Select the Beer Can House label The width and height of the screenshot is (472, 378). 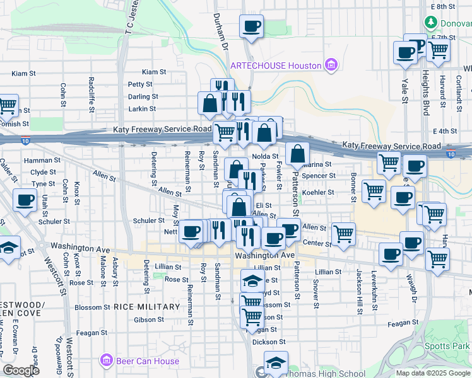(x=146, y=361)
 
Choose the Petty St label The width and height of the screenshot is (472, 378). (x=140, y=84)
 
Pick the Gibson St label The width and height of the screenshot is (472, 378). (x=149, y=320)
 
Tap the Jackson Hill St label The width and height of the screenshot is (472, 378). (x=358, y=284)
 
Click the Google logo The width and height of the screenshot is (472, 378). (x=21, y=370)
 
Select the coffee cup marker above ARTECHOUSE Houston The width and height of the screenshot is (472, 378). (x=251, y=26)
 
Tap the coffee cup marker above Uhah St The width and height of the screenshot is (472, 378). (x=25, y=200)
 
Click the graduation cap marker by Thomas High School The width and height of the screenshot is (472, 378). (x=276, y=362)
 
